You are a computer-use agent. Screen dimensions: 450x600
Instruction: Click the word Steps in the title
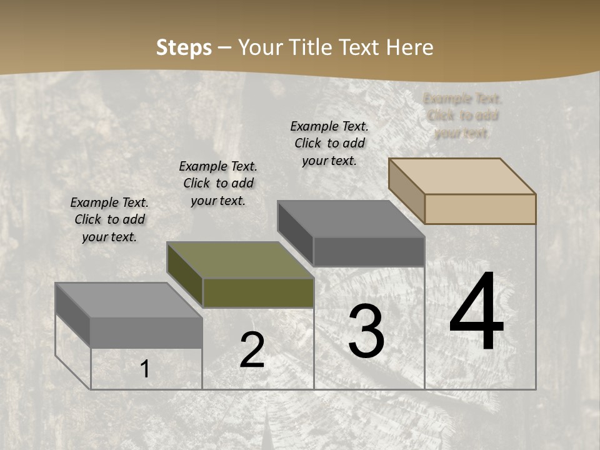pos(184,47)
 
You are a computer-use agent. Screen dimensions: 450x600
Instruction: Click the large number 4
pos(476,314)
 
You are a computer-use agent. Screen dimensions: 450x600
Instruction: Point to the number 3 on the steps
pos(366,331)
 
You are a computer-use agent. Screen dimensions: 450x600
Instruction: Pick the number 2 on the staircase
pos(252,350)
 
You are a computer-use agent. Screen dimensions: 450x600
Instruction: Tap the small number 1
pos(145,369)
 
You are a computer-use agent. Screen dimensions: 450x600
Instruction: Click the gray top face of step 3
pos(351,219)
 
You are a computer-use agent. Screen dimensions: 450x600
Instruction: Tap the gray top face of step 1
pos(129,301)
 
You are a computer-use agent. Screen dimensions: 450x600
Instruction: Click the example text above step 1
pos(109,219)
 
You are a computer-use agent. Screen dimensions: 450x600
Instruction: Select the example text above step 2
pos(218,183)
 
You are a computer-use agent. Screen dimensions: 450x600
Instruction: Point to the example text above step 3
pos(329,143)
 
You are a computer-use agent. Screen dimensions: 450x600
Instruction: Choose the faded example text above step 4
pos(462,116)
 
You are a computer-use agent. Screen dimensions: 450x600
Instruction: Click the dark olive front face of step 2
pos(258,293)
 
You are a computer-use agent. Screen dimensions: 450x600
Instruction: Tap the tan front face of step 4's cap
pos(480,209)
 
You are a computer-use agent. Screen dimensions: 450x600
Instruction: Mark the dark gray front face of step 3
pos(369,251)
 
